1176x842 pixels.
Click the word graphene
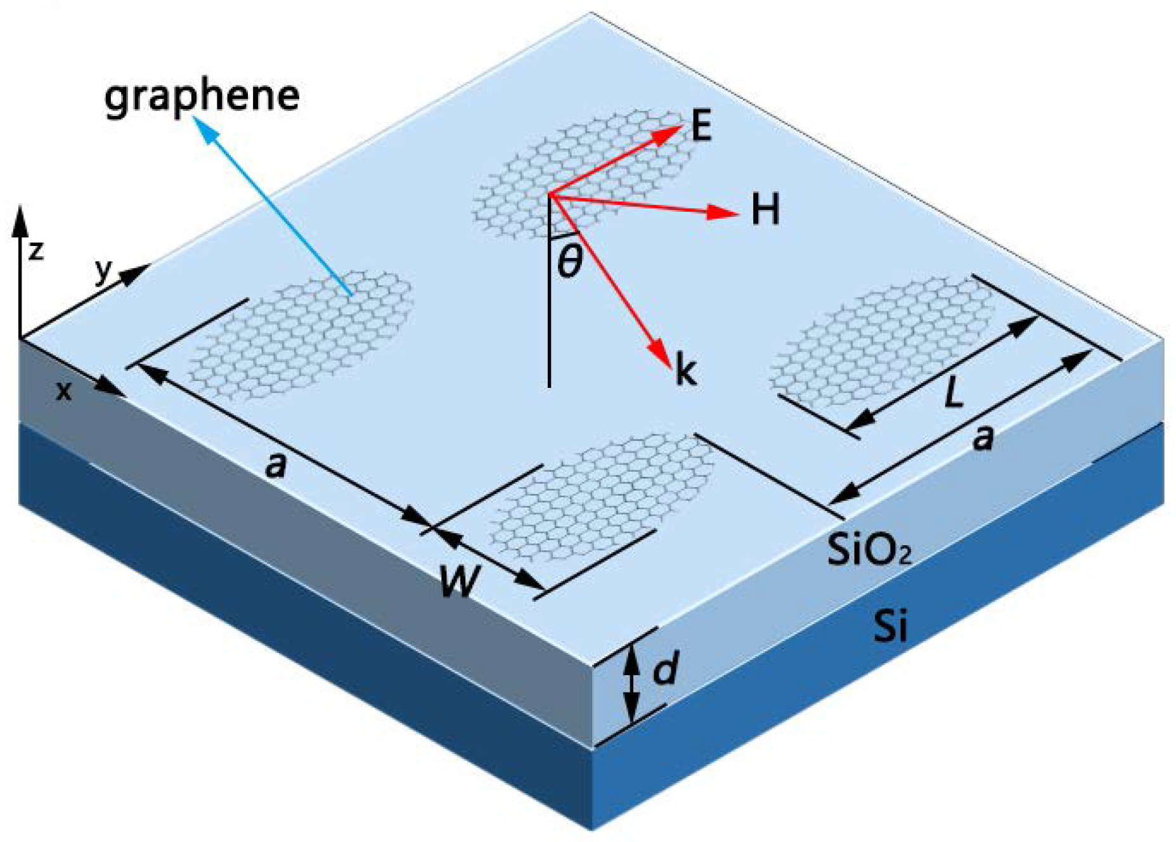(202, 96)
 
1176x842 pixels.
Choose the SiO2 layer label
(869, 550)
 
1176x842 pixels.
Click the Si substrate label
(890, 626)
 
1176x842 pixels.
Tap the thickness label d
(666, 670)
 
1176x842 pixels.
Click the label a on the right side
(983, 437)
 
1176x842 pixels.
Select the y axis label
(103, 271)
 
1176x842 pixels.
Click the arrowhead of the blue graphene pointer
(202, 126)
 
